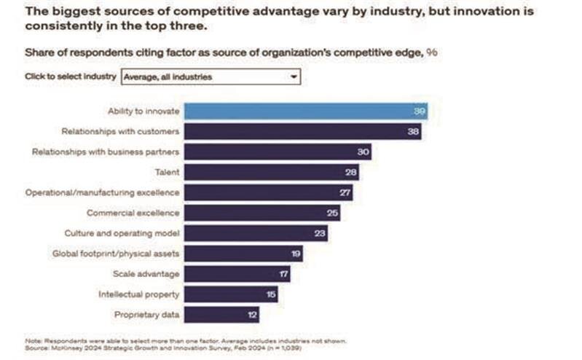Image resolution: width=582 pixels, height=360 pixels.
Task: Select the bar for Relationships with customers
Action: tap(302, 131)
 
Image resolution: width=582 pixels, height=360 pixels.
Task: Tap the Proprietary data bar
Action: tap(221, 314)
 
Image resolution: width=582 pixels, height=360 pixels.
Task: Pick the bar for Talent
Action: tap(271, 172)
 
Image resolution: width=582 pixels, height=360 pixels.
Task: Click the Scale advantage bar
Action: tap(237, 274)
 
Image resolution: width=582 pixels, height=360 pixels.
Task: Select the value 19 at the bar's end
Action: tap(294, 254)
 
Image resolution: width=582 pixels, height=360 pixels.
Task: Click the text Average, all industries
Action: tap(168, 77)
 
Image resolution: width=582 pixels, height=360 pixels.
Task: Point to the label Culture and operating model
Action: tap(122, 233)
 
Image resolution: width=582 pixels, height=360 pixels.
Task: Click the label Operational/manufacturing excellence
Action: tap(102, 192)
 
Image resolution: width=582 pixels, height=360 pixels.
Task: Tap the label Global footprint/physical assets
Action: tap(116, 254)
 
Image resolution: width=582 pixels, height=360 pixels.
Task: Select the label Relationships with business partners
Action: tap(106, 152)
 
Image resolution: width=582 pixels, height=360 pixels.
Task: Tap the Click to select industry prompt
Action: tap(71, 77)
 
